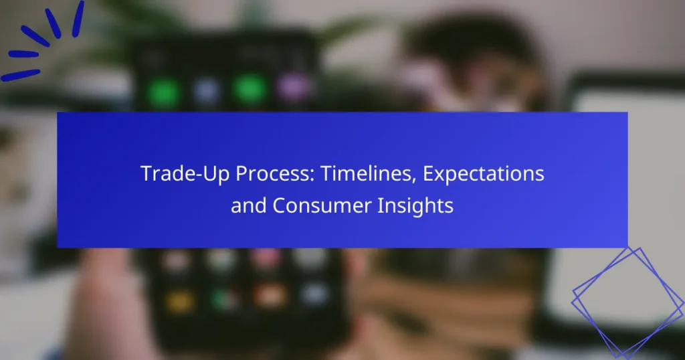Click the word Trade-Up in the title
pos(185,173)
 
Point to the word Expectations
pos(483,175)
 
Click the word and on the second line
pos(248,205)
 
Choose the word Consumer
pos(322,206)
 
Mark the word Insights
pos(415,206)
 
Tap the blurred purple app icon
pos(294,87)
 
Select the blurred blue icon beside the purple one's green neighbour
pos(206,92)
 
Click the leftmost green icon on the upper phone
pos(163,93)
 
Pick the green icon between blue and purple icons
pos(250,88)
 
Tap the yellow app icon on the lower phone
pos(180,302)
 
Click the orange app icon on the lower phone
pos(270,296)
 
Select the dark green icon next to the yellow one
pos(225,299)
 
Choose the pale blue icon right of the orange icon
pos(314,294)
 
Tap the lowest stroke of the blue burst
pos(21,75)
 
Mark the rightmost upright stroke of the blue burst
pos(78,19)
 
